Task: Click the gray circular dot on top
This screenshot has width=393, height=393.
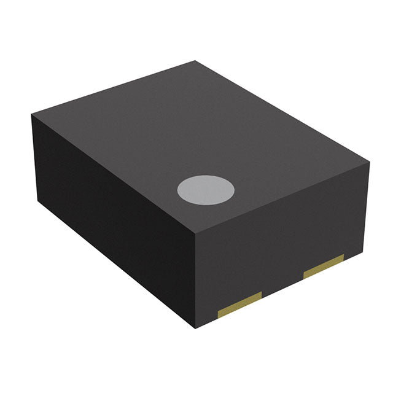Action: click(x=206, y=190)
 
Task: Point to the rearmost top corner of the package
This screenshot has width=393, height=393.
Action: click(x=196, y=61)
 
